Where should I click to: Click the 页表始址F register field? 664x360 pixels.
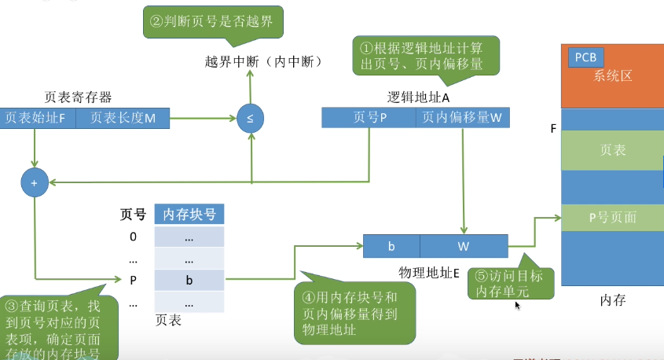[37, 118]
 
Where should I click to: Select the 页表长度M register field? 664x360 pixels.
[123, 118]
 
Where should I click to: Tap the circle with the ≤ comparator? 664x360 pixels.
[250, 119]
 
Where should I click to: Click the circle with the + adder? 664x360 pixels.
[34, 182]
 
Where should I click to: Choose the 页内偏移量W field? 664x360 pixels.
[461, 117]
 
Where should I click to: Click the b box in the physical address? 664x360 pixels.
[391, 246]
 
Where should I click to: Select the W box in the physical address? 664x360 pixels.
[464, 246]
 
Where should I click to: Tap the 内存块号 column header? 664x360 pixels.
[189, 214]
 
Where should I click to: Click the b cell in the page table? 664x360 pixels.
[189, 279]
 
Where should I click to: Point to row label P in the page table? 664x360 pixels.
[133, 279]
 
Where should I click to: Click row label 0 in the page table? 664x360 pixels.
[133, 237]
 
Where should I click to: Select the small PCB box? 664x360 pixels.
[585, 57]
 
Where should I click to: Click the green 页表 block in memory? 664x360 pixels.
[612, 149]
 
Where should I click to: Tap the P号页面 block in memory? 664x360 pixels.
[612, 218]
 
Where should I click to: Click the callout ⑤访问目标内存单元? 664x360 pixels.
[510, 284]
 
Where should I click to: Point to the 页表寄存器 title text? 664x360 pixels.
[78, 97]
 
